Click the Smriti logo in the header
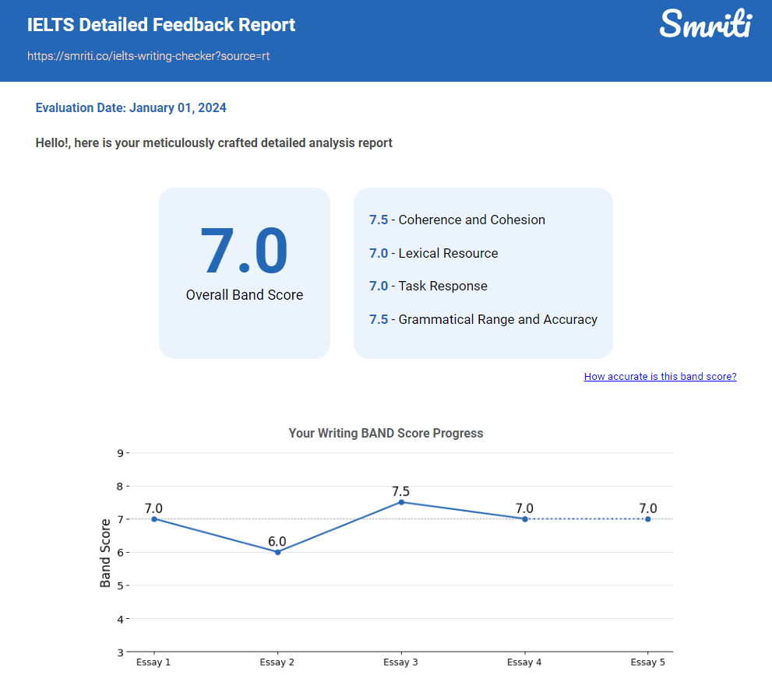pos(705,23)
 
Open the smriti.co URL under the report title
pos(149,56)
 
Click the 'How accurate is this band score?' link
pos(660,377)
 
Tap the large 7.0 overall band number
pos(244,251)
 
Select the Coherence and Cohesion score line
pos(457,220)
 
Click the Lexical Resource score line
pos(433,253)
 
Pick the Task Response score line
pos(428,286)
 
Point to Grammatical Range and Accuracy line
pos(483,319)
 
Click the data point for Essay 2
pos(277,552)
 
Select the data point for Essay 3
pos(401,502)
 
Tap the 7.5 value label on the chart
pos(401,491)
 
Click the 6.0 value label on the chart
pos(277,541)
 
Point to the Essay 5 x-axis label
pos(647,663)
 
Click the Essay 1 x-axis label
pos(153,663)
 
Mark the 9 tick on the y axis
pos(121,452)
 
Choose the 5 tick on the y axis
pos(121,585)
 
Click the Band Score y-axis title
pos(105,552)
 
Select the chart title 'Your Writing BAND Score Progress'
pos(386,433)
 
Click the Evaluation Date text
pos(131,108)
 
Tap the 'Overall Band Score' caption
pos(245,295)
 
